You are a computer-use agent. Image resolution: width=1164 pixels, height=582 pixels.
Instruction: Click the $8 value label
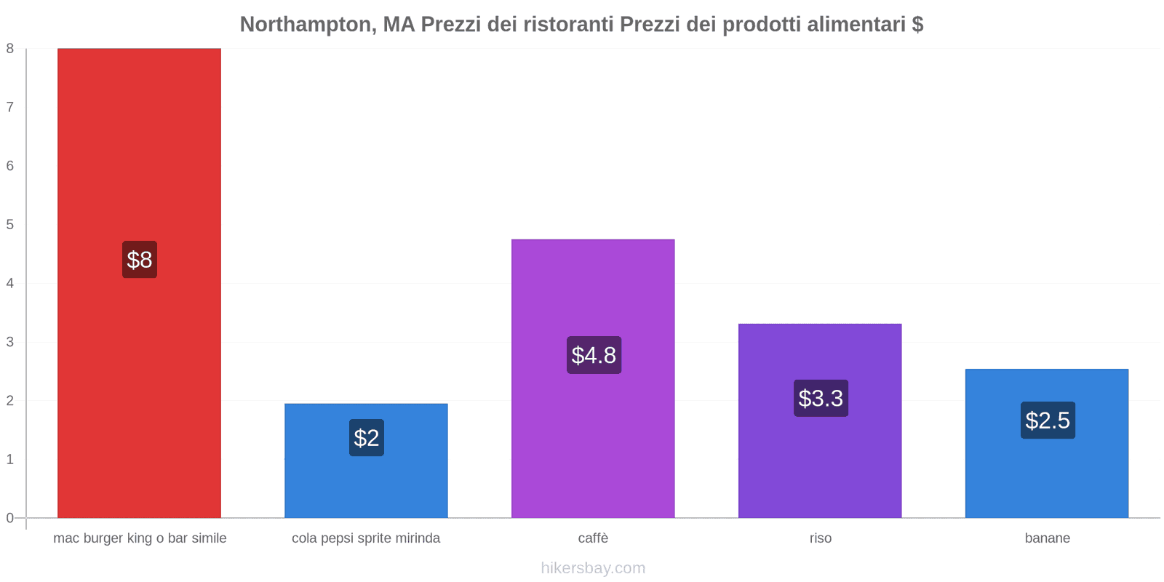(x=140, y=260)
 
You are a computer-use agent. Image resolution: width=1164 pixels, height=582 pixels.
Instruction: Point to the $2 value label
(x=367, y=438)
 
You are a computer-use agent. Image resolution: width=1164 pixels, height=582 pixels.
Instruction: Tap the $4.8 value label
(x=594, y=355)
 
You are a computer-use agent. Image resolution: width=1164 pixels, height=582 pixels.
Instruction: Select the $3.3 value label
(x=821, y=398)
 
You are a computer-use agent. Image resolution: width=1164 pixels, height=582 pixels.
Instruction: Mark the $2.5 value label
(x=1048, y=420)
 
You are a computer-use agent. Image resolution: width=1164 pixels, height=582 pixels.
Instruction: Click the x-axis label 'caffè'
(x=593, y=538)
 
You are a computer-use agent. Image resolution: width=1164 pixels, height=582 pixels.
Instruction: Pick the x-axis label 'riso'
(x=820, y=538)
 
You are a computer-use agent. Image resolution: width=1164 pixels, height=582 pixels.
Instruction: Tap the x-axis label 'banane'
(x=1047, y=538)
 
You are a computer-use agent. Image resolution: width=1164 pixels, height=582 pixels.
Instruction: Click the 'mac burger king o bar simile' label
(x=140, y=538)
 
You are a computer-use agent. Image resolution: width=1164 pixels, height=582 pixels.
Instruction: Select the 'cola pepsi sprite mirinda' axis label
(x=366, y=538)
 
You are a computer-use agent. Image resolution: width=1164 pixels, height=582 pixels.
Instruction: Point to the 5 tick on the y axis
(x=10, y=224)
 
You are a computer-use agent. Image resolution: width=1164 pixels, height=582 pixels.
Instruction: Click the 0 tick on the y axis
(x=10, y=518)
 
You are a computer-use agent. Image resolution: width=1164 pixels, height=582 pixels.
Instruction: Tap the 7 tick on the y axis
(x=10, y=107)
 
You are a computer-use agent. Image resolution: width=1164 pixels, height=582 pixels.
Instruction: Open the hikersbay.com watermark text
(x=593, y=568)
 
